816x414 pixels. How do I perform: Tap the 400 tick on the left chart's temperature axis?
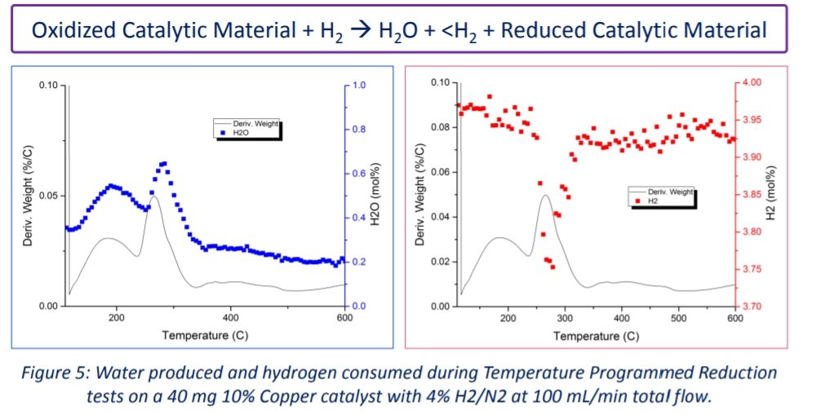(231, 317)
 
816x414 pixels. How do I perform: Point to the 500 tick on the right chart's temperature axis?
(678, 317)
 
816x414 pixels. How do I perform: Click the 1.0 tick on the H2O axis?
(359, 85)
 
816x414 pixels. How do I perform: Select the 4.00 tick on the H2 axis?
(752, 82)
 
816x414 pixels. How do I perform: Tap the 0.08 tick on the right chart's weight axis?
(441, 127)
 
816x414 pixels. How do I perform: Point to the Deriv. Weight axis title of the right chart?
(419, 195)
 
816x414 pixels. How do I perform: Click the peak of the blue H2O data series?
(163, 164)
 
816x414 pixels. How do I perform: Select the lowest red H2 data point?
(552, 267)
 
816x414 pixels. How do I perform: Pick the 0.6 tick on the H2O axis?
(359, 174)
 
